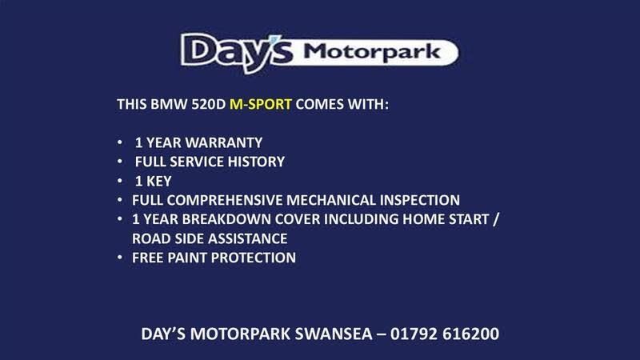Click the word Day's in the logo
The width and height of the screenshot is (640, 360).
coord(237,52)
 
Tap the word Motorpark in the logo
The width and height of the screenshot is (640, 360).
coord(372,52)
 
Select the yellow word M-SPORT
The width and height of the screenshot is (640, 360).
coord(261,104)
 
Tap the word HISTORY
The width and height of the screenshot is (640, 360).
coord(256,162)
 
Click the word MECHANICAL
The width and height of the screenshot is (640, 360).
coord(331,200)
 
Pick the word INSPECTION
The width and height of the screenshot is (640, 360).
coord(419,200)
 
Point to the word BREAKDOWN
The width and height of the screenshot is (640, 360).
coord(226,219)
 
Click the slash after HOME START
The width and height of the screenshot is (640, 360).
coord(495,219)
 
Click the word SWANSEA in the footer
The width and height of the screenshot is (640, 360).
coord(334,334)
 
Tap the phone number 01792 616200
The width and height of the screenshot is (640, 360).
coord(445,334)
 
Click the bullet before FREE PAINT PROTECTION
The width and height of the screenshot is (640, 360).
coord(119,257)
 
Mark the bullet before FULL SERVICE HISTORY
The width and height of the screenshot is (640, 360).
coord(119,162)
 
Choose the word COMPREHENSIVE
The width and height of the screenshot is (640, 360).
coord(225,200)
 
